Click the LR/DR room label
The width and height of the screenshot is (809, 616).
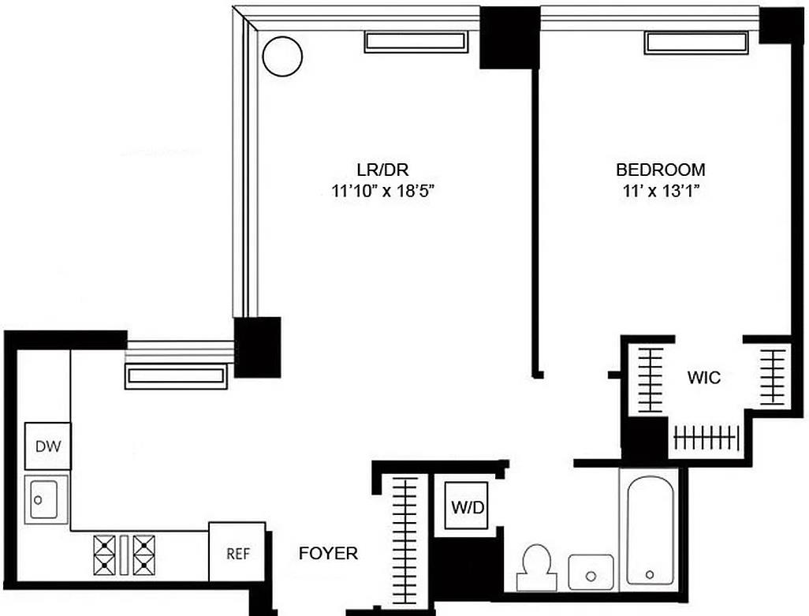pyautogui.click(x=382, y=170)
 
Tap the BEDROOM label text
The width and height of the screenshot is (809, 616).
pyautogui.click(x=660, y=170)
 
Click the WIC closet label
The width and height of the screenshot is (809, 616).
pyautogui.click(x=703, y=378)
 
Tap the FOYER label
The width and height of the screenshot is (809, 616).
pyautogui.click(x=328, y=554)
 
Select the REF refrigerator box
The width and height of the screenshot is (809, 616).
pyautogui.click(x=237, y=553)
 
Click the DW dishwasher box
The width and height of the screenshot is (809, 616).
pyautogui.click(x=48, y=446)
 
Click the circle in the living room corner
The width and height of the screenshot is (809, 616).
pyautogui.click(x=281, y=57)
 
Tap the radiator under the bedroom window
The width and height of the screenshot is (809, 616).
pyautogui.click(x=695, y=43)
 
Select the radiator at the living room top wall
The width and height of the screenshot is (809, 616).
pyautogui.click(x=416, y=42)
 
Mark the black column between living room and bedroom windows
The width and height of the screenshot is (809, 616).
pyautogui.click(x=509, y=38)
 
